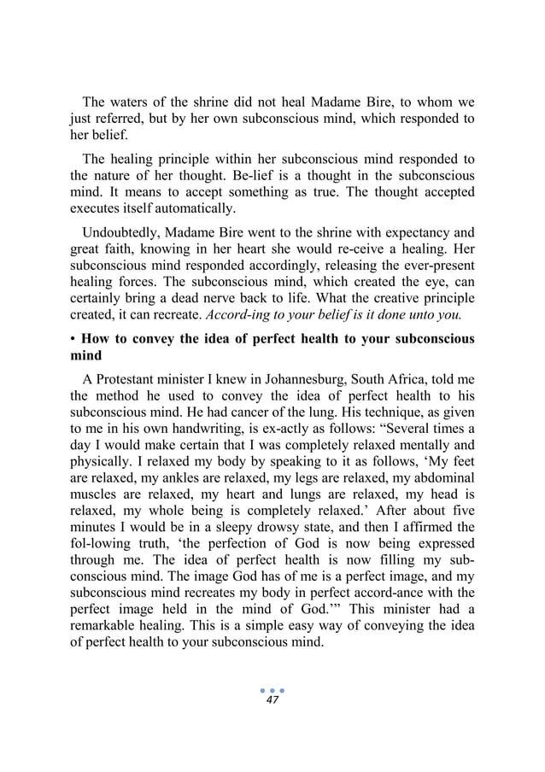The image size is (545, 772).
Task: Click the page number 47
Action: [272, 699]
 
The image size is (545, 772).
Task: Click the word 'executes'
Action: [95, 208]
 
